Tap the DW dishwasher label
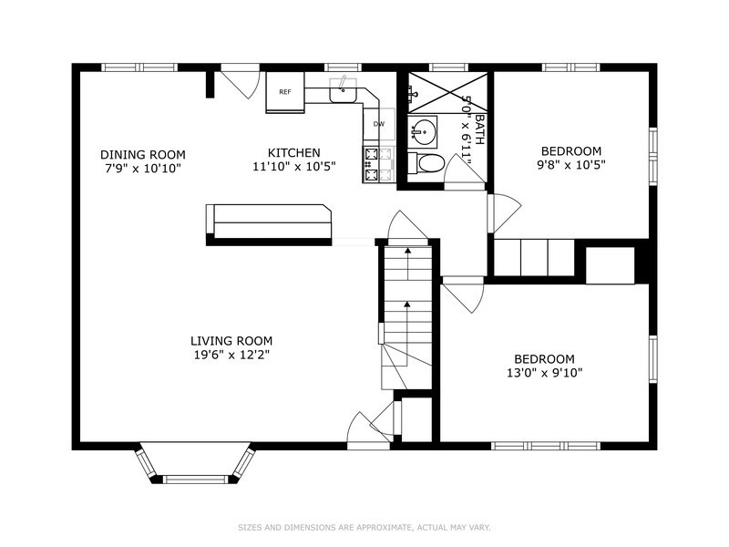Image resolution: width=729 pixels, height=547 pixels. (x=379, y=124)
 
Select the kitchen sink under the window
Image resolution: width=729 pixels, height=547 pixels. (x=344, y=90)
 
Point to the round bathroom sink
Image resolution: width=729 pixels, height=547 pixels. (x=422, y=132)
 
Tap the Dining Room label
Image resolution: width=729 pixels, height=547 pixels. (x=143, y=154)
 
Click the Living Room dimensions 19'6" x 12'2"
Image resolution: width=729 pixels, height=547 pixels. (x=230, y=355)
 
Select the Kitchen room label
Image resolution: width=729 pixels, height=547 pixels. (x=293, y=152)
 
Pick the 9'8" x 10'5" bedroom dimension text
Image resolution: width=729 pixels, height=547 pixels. (x=570, y=165)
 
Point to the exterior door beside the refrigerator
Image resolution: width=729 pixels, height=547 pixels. (x=239, y=83)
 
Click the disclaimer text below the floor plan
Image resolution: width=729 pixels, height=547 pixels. (x=364, y=527)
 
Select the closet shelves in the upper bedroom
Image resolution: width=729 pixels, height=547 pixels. (x=533, y=256)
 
